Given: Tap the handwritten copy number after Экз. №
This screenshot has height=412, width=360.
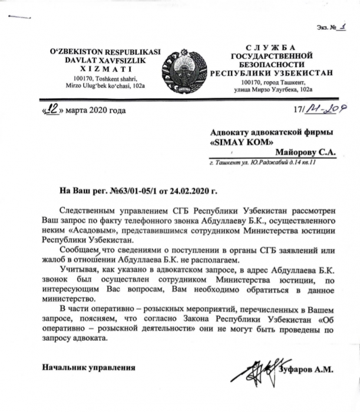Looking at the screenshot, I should coord(340,26).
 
